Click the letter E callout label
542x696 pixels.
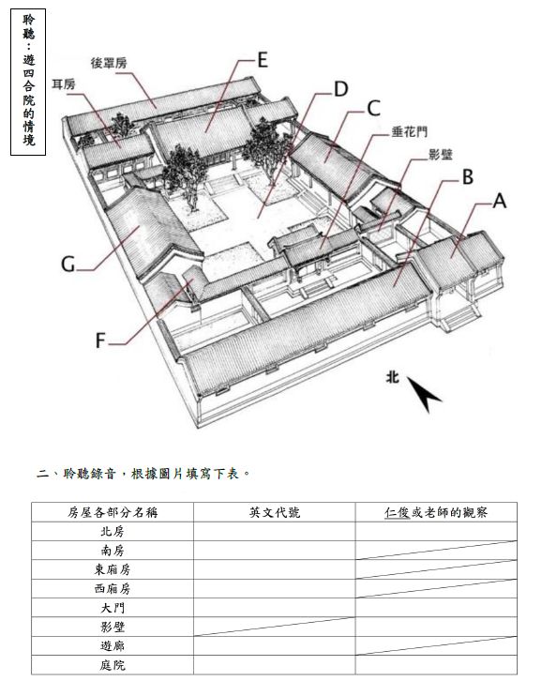point(263,60)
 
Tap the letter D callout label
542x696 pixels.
point(340,89)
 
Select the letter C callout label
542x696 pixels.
point(373,108)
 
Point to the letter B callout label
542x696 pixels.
point(467,176)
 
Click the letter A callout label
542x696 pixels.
point(500,201)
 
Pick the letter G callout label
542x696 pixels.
point(68,265)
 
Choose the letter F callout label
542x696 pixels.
point(100,340)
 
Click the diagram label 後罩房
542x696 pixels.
point(109,63)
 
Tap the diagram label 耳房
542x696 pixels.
point(64,83)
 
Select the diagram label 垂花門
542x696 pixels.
point(409,132)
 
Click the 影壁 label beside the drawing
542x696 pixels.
point(441,155)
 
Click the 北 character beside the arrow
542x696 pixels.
point(392,377)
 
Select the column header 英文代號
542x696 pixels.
point(275,512)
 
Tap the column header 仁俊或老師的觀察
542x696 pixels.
point(436,512)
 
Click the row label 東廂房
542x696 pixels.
point(113,569)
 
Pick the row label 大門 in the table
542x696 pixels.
point(113,608)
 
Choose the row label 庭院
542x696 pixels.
point(113,665)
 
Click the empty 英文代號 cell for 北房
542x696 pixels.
point(275,531)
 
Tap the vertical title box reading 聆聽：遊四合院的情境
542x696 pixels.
point(28,83)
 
